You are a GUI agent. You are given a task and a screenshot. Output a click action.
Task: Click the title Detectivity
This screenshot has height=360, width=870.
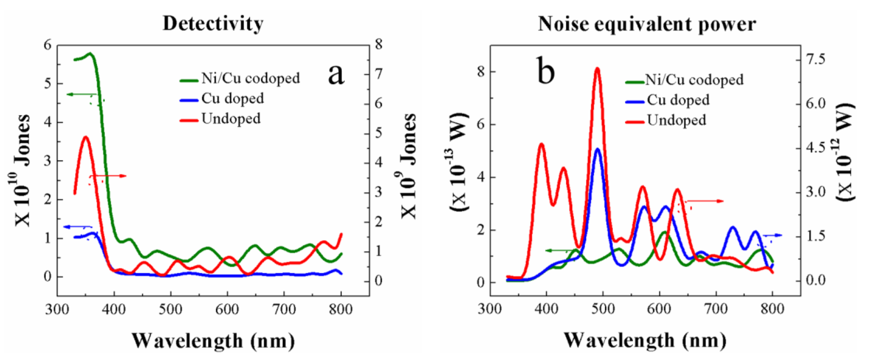coord(213,24)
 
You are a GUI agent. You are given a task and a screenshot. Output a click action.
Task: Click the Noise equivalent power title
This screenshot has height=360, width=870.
coord(647,24)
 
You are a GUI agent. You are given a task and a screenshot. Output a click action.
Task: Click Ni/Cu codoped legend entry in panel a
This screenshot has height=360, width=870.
coord(250,78)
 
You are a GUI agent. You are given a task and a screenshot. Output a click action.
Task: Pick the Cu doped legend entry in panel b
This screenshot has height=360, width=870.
coord(678,100)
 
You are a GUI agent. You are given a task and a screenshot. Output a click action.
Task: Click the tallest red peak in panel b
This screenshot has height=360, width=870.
coord(597,69)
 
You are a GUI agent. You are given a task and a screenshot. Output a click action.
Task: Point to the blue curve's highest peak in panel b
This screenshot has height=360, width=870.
coord(597,149)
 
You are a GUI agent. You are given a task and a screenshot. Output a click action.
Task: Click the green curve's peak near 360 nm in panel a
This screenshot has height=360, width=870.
coord(90,53)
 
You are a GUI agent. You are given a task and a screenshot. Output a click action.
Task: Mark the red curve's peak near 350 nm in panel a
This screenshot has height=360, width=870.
coord(85,137)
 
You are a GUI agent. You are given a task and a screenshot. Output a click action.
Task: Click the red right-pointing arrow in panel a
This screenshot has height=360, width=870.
coord(108,176)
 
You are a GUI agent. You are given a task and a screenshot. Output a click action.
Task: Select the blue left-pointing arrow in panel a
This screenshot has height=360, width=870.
coord(78,227)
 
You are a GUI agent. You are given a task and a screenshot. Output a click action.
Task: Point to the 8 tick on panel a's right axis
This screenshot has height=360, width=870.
coord(378,44)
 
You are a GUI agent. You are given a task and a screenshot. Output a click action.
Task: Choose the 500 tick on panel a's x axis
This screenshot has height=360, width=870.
coord(171,309)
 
